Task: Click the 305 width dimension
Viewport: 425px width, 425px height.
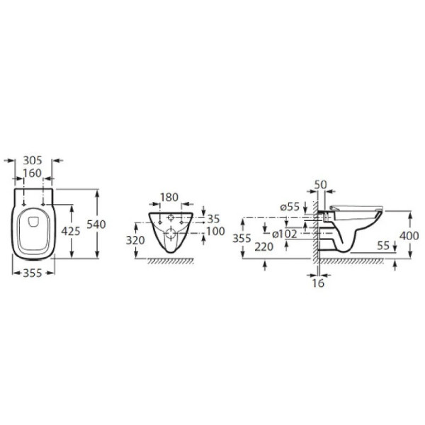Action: (33, 161)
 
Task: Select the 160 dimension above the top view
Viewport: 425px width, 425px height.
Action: (32, 174)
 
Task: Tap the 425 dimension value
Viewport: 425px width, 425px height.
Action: (71, 231)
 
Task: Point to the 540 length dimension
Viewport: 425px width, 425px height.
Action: (96, 225)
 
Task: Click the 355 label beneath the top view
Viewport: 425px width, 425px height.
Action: (33, 273)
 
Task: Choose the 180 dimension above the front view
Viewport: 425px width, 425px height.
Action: (169, 198)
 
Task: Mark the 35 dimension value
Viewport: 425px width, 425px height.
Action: (213, 219)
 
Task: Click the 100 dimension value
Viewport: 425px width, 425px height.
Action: (216, 231)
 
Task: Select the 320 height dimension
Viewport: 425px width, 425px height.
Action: (135, 240)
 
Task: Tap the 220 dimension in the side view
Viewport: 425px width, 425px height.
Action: (264, 246)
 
